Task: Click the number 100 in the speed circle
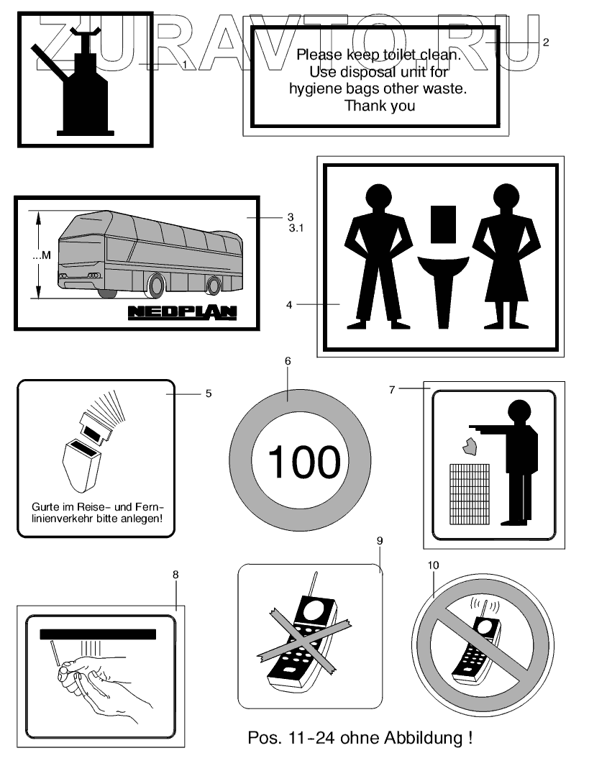(x=304, y=462)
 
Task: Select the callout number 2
(x=546, y=42)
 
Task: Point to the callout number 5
(x=209, y=393)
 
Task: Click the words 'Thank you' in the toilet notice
(x=380, y=106)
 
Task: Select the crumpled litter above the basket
(x=471, y=448)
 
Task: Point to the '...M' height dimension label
(x=42, y=255)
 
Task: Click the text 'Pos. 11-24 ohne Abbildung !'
(x=360, y=738)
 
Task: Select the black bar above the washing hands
(x=98, y=634)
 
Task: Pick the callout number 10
(x=433, y=565)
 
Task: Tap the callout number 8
(x=175, y=574)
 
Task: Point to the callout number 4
(x=288, y=305)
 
